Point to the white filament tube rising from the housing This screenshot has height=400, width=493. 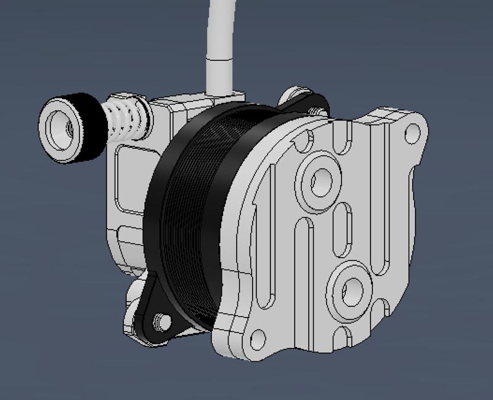pyautogui.click(x=219, y=55)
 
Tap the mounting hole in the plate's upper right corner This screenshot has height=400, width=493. pyautogui.click(x=412, y=131)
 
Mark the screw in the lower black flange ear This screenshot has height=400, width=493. pyautogui.click(x=162, y=321)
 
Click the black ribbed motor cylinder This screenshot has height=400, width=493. pyautogui.click(x=191, y=215)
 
